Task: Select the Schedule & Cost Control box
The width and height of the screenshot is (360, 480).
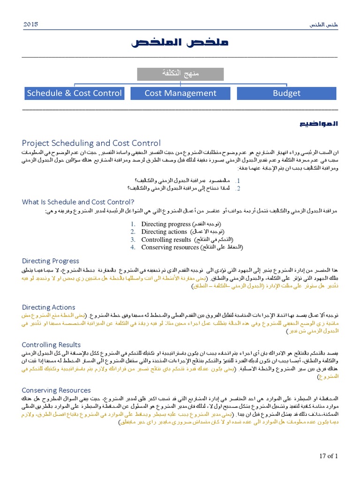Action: (74, 93)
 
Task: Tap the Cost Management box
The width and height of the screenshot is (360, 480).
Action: (180, 93)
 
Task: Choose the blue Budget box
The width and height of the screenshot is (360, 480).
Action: (286, 93)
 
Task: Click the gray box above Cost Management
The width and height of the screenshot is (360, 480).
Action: (180, 74)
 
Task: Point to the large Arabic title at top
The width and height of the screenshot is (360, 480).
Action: (180, 43)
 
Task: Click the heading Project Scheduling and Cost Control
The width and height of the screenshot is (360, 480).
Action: (91, 143)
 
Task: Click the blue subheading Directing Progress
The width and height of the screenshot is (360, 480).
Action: (51, 261)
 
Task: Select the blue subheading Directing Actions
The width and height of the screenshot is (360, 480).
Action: (49, 307)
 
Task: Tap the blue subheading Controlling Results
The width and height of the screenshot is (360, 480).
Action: (52, 345)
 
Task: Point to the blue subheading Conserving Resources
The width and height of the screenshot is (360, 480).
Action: (56, 390)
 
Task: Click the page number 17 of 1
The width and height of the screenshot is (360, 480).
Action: (328, 455)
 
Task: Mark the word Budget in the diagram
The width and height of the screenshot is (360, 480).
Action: (286, 93)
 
